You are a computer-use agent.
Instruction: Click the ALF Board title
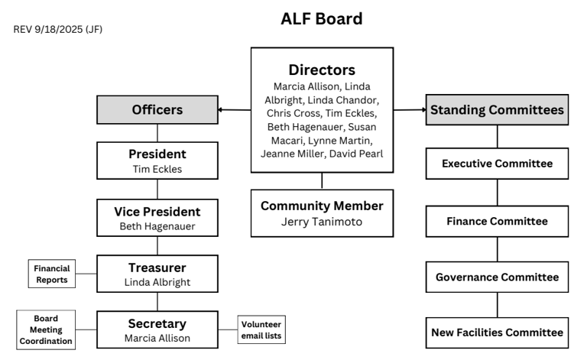pos(321,18)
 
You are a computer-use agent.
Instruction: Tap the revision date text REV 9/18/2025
pos(58,29)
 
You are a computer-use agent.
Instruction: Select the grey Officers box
pos(157,110)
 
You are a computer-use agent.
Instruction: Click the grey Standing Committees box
pos(497,110)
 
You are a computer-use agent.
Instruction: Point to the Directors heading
pos(322,70)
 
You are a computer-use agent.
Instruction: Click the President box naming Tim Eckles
pos(157,161)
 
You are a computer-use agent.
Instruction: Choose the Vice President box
pos(157,218)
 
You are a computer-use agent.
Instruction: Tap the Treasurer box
pos(157,274)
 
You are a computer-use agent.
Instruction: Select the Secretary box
pos(157,330)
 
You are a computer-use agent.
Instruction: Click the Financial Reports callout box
pos(52,274)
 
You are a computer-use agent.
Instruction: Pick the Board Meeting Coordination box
pos(47,329)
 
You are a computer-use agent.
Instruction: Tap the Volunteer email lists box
pos(265,330)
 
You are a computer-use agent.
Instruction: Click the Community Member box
pos(322,212)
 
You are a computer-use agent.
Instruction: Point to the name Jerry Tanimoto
pos(322,222)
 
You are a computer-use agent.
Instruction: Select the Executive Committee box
pos(497,164)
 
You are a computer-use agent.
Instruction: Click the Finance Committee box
pos(497,221)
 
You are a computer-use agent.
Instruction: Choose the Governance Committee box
pos(497,277)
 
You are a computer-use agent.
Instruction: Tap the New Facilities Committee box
pos(497,332)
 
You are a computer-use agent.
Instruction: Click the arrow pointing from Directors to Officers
pos(234,110)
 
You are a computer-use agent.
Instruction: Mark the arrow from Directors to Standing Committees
pos(410,110)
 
